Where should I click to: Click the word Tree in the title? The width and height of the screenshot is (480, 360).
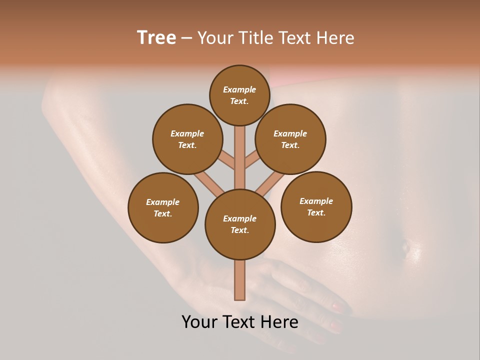tap(156, 37)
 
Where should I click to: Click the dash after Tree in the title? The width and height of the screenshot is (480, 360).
tap(186, 38)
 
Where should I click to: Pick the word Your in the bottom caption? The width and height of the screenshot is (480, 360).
tap(200, 322)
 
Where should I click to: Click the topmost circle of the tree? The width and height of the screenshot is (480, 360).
tap(239, 95)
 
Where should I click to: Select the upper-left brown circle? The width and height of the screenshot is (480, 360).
tap(187, 139)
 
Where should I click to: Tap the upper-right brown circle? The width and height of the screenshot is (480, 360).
tap(290, 139)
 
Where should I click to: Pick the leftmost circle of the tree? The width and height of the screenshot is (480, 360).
tap(163, 207)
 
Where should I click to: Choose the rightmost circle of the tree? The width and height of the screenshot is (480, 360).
tap(316, 206)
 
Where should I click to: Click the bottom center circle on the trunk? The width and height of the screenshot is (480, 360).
tap(240, 224)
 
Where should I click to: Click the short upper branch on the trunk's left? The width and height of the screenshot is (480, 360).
tap(227, 159)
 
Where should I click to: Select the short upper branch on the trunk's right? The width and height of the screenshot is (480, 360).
tap(252, 159)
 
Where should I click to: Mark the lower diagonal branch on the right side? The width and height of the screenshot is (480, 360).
tap(270, 183)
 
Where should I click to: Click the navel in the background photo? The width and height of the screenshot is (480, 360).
tap(406, 245)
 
